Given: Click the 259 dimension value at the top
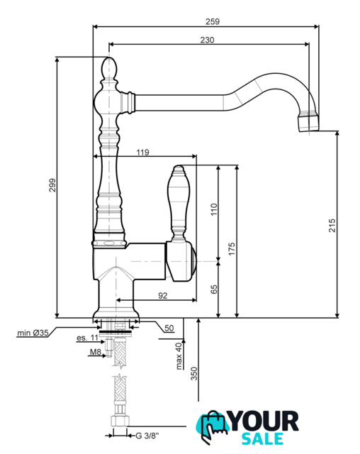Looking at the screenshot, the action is (x=213, y=21).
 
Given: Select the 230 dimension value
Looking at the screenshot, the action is (x=208, y=40).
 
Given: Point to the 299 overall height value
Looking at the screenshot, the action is (x=52, y=185).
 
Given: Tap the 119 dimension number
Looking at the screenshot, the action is (x=143, y=152).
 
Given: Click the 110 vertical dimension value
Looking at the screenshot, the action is (x=214, y=209).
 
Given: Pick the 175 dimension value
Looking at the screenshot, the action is (x=232, y=249).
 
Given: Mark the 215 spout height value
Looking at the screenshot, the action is (x=332, y=226).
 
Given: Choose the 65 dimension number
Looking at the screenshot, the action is (x=214, y=289).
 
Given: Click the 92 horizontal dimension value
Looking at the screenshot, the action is (x=163, y=295).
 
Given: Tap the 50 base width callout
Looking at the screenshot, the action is (x=169, y=328).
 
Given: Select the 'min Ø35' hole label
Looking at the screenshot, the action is (x=33, y=333).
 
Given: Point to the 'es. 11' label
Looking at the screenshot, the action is (x=87, y=338).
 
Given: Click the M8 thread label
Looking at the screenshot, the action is (x=96, y=352).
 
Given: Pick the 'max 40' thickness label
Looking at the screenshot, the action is (x=179, y=356).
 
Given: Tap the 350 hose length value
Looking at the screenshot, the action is (x=194, y=374).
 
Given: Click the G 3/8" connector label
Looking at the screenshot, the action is (x=147, y=436).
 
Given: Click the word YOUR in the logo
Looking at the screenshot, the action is (x=264, y=421).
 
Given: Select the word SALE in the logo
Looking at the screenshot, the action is (x=262, y=438).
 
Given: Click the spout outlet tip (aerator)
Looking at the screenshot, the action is (x=309, y=123).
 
